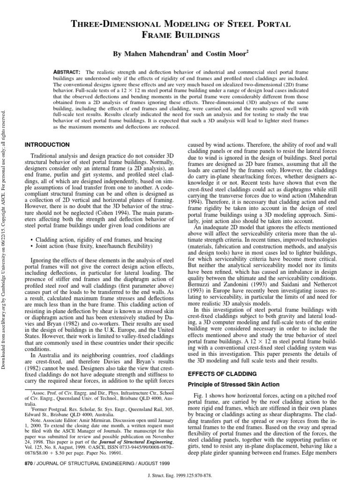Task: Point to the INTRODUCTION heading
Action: pyautogui.click(x=47, y=144)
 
